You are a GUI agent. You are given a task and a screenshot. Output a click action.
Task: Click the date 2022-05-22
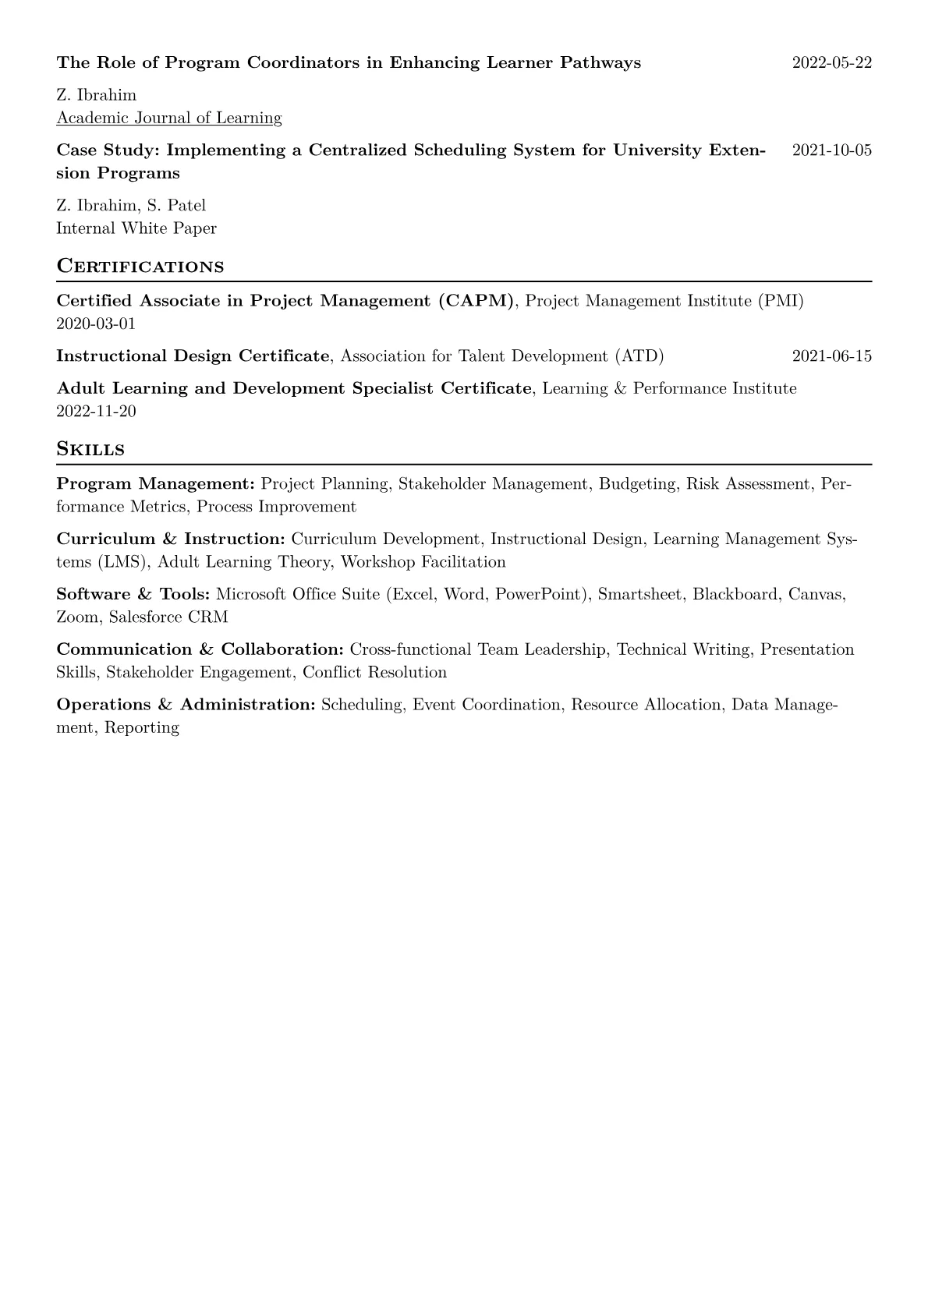831,62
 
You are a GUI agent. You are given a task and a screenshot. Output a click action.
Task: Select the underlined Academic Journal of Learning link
168,118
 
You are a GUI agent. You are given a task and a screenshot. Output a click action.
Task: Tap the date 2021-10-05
831,150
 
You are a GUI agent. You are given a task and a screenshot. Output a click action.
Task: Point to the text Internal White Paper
136,228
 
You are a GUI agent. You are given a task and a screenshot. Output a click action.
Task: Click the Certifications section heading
140,266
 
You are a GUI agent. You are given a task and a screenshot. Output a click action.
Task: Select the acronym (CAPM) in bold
476,301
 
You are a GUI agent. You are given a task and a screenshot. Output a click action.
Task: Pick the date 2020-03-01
96,324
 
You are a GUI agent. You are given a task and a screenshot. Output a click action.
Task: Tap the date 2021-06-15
831,356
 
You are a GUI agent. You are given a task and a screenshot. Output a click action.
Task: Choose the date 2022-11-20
96,411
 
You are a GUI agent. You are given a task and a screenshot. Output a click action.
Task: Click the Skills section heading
90,449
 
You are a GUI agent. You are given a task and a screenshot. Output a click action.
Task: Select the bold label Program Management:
156,484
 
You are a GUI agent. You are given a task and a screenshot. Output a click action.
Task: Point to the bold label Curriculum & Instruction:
171,539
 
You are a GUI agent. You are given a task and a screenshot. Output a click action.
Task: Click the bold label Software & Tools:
133,594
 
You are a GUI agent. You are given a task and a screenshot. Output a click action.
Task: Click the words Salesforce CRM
168,617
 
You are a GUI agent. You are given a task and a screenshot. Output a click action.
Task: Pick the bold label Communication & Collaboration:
200,649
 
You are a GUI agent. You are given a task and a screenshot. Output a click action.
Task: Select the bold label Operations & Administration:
186,705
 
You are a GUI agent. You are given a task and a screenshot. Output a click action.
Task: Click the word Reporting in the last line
141,728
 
